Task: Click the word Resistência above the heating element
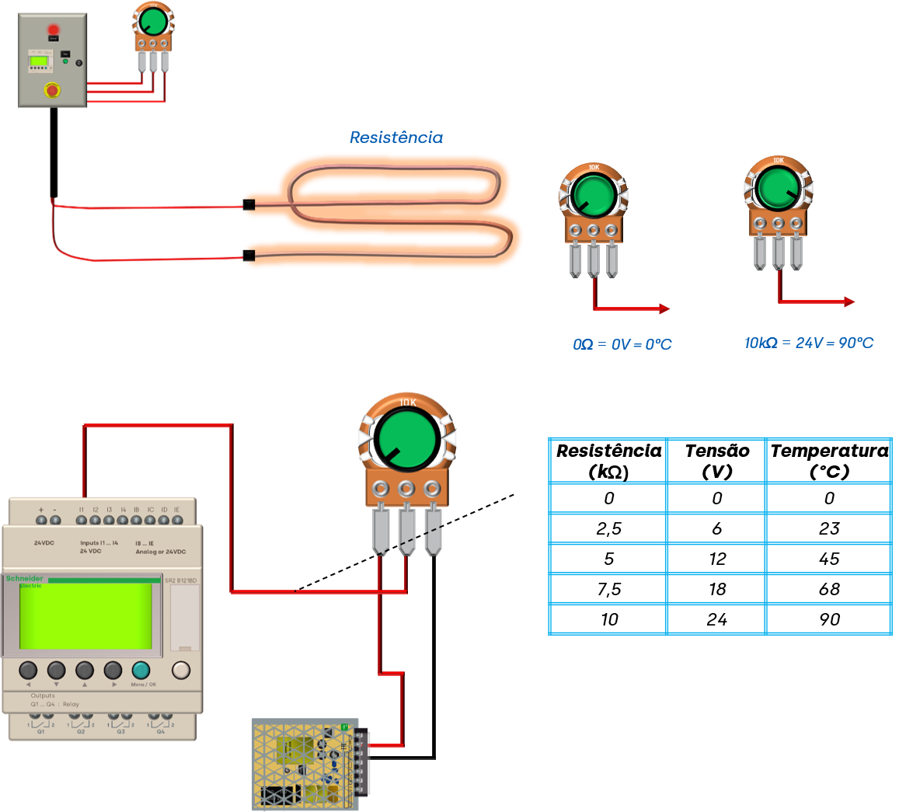[x=396, y=138]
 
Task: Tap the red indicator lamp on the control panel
[x=54, y=30]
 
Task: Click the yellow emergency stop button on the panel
[x=52, y=89]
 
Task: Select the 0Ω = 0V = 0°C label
[x=622, y=343]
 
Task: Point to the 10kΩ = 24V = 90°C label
[x=809, y=343]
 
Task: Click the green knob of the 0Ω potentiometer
[x=593, y=195]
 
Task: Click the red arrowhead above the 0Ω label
[x=664, y=309]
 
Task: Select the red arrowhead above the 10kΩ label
[x=850, y=301]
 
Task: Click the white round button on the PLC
[x=180, y=670]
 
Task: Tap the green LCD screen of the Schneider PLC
[x=85, y=615]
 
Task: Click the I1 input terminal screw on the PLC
[x=81, y=520]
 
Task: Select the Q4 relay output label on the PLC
[x=161, y=731]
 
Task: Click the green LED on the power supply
[x=344, y=727]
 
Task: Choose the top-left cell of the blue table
[x=608, y=461]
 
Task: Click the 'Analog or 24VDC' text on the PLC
[x=160, y=551]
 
